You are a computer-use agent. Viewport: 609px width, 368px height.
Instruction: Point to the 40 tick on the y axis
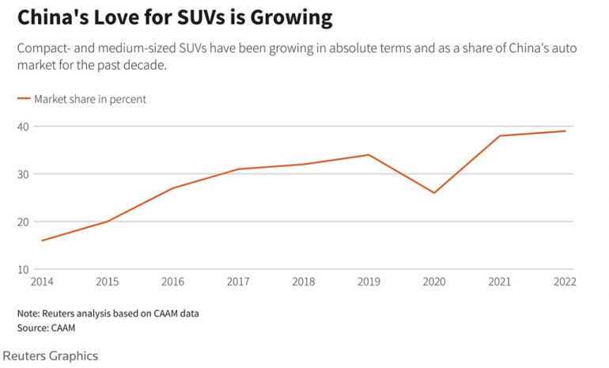pos(23,127)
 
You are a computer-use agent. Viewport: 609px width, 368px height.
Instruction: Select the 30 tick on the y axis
pos(23,174)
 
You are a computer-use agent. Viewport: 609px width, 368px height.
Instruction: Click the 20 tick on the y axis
pos(23,222)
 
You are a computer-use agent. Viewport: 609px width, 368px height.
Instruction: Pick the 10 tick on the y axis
pos(23,269)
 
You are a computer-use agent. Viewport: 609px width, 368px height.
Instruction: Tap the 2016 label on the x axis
pos(172,282)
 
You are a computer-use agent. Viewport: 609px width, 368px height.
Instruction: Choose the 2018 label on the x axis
pos(303,282)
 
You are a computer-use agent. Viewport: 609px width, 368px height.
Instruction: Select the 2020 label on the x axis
pos(434,282)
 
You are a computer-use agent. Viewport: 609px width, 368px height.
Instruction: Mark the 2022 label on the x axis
pos(565,282)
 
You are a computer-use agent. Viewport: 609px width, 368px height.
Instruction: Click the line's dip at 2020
pos(434,193)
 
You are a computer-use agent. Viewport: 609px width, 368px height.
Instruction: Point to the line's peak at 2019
pos(369,155)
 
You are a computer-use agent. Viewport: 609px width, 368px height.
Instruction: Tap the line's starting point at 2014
pos(42,241)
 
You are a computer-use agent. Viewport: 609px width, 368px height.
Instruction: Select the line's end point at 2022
pos(565,131)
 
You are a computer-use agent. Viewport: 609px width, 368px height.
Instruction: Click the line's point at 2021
pos(499,136)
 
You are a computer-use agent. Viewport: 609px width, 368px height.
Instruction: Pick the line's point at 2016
pos(172,188)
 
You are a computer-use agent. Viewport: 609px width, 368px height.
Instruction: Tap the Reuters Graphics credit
pos(51,355)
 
